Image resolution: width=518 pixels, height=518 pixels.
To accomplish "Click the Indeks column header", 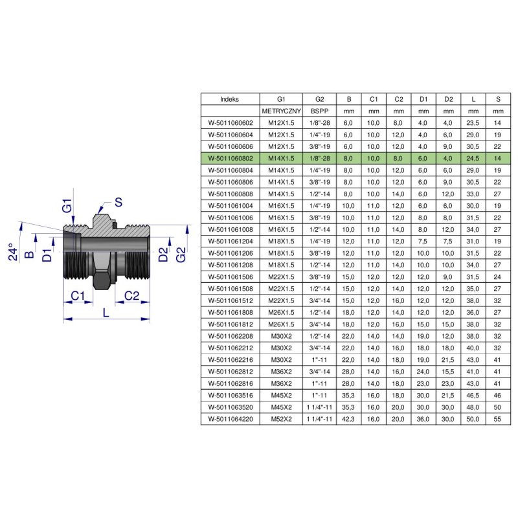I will coord(229,99).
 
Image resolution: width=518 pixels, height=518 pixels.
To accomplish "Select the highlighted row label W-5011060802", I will coord(229,158).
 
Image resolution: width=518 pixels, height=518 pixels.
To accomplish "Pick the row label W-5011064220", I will coord(229,419).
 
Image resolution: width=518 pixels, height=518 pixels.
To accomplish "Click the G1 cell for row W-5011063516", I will coord(281,395).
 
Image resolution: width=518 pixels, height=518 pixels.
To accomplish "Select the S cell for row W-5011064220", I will coord(497,419).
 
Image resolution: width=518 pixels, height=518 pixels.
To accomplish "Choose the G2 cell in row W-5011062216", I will coord(319,359).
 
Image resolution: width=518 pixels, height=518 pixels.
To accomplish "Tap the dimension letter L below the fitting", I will coord(106,312).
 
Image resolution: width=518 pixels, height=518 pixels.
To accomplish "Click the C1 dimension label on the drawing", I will coord(78,295).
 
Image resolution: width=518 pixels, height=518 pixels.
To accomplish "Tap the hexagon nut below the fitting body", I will coord(102,277).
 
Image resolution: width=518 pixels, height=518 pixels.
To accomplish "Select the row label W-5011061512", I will coord(229,300).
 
